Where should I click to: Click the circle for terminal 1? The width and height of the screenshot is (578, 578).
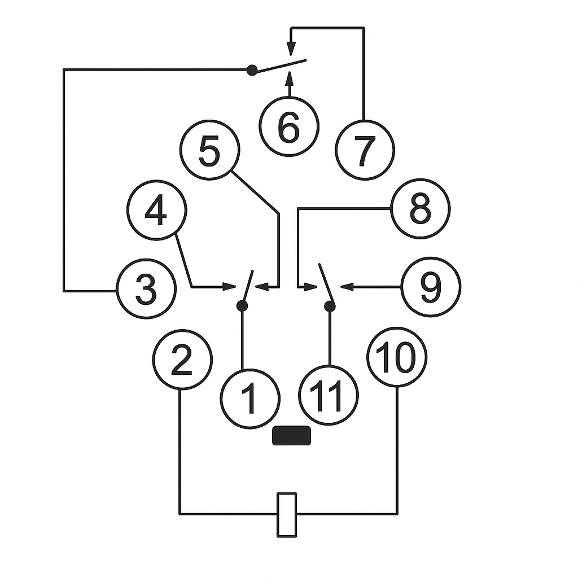coord(250,399)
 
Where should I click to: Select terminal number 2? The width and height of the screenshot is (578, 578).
coord(182,360)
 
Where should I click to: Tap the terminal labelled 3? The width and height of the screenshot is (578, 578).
coord(146,288)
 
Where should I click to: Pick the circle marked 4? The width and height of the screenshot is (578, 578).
coord(157,210)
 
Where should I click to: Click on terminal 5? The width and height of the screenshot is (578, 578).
coord(210,150)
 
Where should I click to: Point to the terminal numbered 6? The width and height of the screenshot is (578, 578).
coord(289,126)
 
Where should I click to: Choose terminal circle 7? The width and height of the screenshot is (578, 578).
coord(365,150)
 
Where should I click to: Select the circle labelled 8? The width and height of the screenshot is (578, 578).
coord(420,209)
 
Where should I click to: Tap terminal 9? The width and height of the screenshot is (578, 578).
coord(431,287)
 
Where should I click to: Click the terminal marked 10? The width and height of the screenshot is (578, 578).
coord(397,357)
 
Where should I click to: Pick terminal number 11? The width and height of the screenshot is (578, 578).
coord(328,396)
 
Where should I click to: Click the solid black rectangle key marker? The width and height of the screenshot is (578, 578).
coord(292,435)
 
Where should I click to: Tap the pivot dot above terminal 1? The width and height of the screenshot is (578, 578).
coord(242,305)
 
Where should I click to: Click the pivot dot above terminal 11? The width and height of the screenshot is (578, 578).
coord(330,306)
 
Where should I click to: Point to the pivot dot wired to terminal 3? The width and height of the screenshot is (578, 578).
coord(252,69)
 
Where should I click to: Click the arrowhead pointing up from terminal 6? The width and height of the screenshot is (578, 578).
coord(290,78)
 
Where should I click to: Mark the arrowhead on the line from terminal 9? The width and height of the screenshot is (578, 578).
coord(347,286)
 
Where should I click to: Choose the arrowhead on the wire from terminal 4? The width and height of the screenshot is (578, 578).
coord(229,286)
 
